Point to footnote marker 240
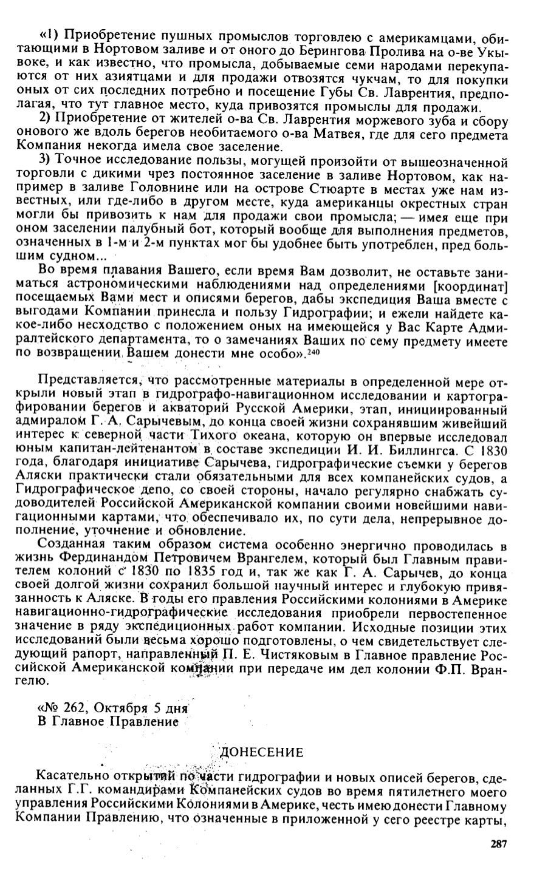(313, 353)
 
